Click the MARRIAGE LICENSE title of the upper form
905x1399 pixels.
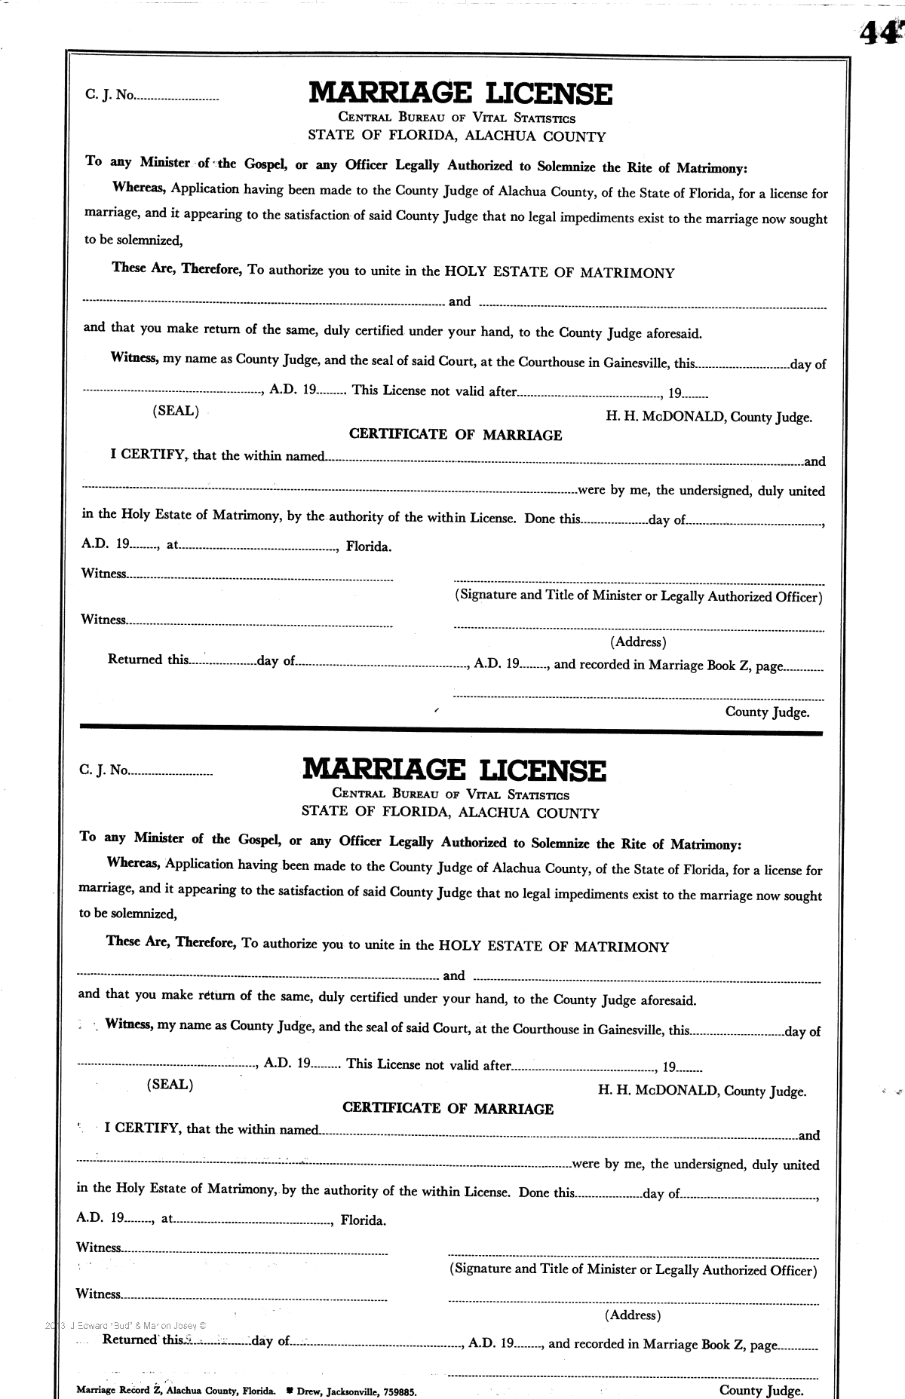pos(460,93)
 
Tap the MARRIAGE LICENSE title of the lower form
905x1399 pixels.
pos(454,770)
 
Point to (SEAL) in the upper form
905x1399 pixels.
pos(176,411)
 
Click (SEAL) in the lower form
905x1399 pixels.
pos(170,1085)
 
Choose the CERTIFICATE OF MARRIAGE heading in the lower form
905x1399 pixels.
pos(448,1109)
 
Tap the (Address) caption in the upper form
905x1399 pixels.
pos(638,642)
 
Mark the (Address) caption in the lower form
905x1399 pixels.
pos(632,1315)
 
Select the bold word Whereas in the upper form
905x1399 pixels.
pos(140,188)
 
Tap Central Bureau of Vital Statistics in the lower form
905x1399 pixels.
pos(450,794)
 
